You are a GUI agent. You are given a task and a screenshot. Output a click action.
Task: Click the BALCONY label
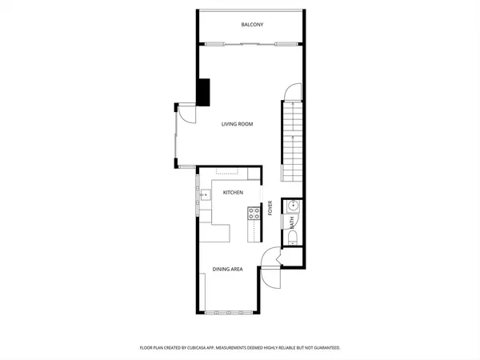pyautogui.click(x=252, y=25)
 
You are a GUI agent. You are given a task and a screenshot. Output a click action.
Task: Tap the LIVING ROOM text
pyautogui.click(x=237, y=124)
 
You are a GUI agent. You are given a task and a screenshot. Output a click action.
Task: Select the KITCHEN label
pyautogui.click(x=233, y=193)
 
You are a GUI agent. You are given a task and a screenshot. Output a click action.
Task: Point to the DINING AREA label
pyautogui.click(x=226, y=270)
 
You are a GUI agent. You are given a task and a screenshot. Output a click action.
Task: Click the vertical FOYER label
pyautogui.click(x=270, y=208)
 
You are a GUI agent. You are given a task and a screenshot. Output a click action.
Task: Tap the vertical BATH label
pyautogui.click(x=292, y=222)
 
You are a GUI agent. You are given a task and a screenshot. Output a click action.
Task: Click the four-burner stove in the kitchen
pyautogui.click(x=254, y=214)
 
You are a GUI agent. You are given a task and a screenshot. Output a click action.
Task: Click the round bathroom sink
pyautogui.click(x=291, y=205)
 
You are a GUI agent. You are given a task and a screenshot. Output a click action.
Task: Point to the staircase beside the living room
pyautogui.click(x=292, y=140)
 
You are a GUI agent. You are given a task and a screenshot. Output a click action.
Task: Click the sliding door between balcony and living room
pyautogui.click(x=250, y=45)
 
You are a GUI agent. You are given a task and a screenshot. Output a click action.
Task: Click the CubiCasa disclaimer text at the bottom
pyautogui.click(x=240, y=347)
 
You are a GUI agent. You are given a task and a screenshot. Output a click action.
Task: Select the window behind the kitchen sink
pyautogui.click(x=197, y=194)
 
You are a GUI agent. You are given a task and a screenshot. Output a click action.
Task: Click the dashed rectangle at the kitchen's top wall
pyautogui.click(x=226, y=172)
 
